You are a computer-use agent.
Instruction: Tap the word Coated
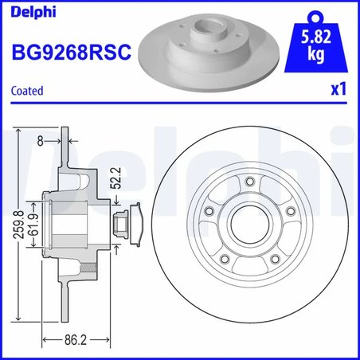point(28,91)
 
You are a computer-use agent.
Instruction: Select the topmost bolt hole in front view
point(252,185)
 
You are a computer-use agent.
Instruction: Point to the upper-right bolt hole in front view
point(290,213)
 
